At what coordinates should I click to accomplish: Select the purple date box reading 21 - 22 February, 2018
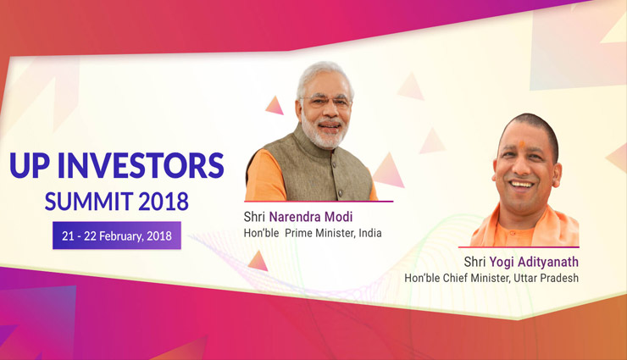[117, 235]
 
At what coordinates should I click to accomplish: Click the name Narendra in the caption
[300, 216]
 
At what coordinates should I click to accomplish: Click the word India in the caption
[368, 233]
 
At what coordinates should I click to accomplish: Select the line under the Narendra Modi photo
[319, 202]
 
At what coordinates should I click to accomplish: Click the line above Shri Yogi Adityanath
[519, 247]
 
